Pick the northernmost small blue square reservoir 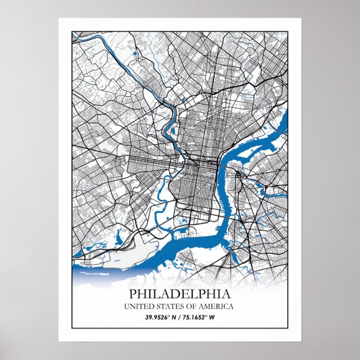coord(135,54)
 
